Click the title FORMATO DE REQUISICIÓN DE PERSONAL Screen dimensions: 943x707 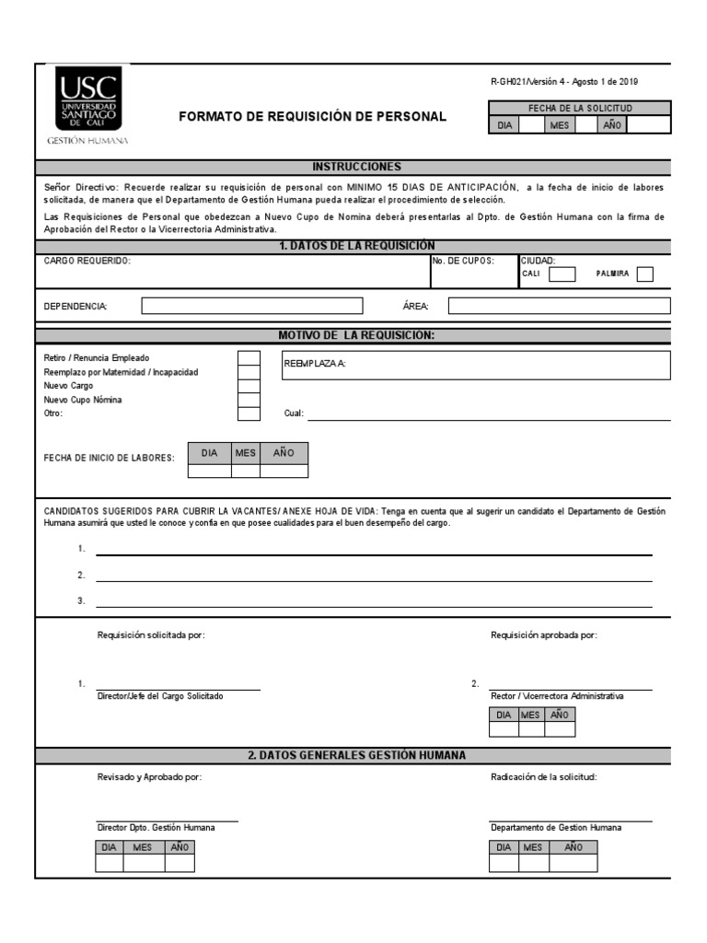tap(312, 117)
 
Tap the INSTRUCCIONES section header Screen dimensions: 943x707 tap(357, 167)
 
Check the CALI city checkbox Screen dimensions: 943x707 tap(562, 274)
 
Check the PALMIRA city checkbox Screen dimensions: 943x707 tap(645, 274)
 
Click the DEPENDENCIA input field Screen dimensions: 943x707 tap(261, 306)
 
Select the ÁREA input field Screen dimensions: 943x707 tap(559, 306)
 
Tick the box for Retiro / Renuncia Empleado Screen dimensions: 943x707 tap(249, 358)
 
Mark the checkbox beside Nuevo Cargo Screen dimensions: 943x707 tap(249, 386)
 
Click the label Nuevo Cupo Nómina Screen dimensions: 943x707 tap(83, 400)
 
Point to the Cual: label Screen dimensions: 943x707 tap(294, 414)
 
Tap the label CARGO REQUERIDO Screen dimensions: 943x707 tap(87, 261)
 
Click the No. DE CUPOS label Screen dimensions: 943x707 tap(463, 261)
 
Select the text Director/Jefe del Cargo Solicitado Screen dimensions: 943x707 tap(160, 696)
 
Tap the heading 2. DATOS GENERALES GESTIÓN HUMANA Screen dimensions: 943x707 tap(357, 755)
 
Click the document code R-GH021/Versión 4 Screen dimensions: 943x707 tap(531, 82)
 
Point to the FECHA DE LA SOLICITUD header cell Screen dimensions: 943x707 tap(579, 108)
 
